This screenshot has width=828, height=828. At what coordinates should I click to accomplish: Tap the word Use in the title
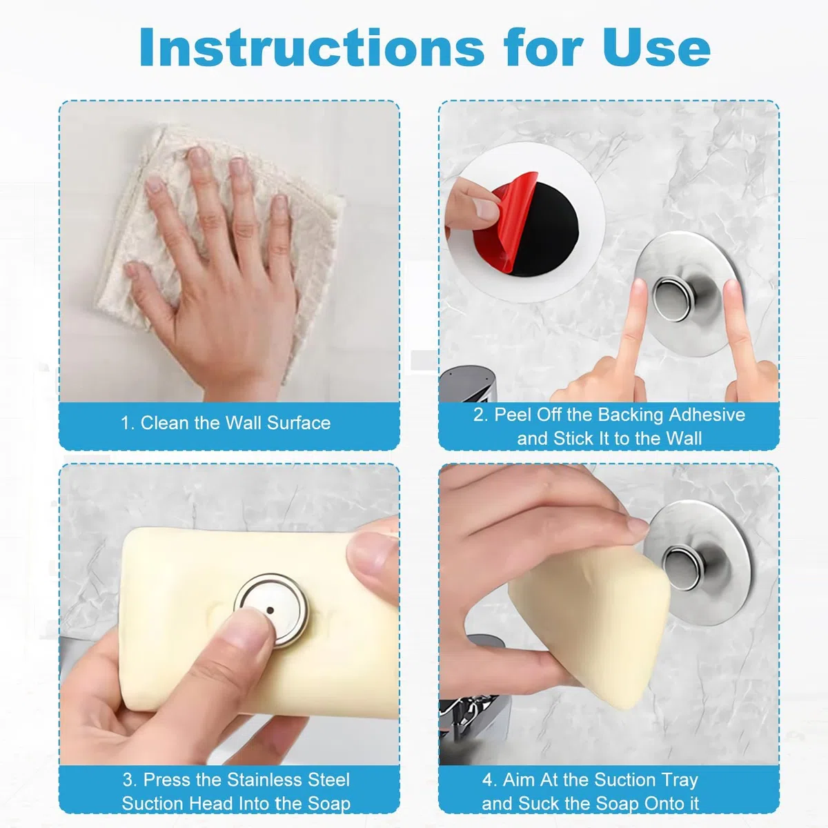(x=657, y=47)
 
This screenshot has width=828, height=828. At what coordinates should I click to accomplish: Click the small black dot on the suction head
(x=270, y=611)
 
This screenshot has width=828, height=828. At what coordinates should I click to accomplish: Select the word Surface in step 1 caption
(x=299, y=423)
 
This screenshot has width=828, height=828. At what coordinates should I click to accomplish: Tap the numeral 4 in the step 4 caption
(x=487, y=780)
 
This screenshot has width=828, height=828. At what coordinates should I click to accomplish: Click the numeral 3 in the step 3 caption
(x=128, y=780)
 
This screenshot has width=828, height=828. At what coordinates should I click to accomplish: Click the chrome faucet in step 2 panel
(x=468, y=384)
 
